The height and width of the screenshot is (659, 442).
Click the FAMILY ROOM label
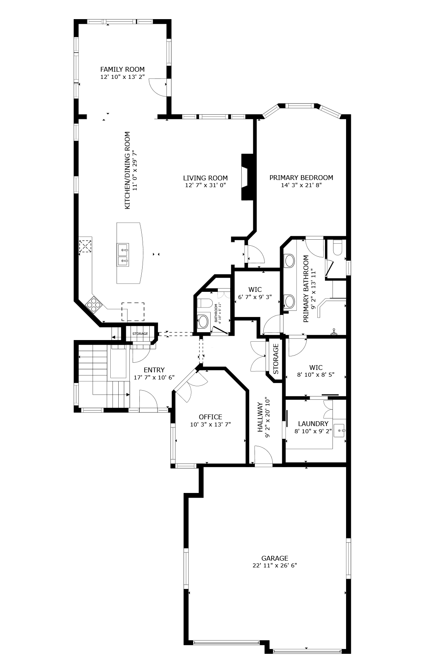point(122,69)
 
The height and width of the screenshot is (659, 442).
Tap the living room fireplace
point(248,177)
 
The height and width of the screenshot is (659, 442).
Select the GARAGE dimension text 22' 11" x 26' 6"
point(275,565)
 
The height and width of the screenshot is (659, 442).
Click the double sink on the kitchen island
point(123,254)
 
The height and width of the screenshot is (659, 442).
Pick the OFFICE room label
point(210,417)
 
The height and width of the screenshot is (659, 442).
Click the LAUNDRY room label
point(313,424)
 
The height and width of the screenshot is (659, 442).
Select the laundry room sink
point(340,430)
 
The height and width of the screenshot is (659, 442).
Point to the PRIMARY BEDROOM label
point(301,178)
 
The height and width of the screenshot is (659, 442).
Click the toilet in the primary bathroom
point(337,247)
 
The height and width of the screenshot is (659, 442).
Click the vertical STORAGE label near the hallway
point(276,359)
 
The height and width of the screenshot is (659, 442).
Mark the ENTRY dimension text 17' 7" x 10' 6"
point(154,377)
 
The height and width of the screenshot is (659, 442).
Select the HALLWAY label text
point(260,417)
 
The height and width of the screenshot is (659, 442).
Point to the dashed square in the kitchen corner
point(85,246)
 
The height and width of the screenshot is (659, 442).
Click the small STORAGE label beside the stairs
point(140,334)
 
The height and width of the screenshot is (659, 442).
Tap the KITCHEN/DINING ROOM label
point(127,170)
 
